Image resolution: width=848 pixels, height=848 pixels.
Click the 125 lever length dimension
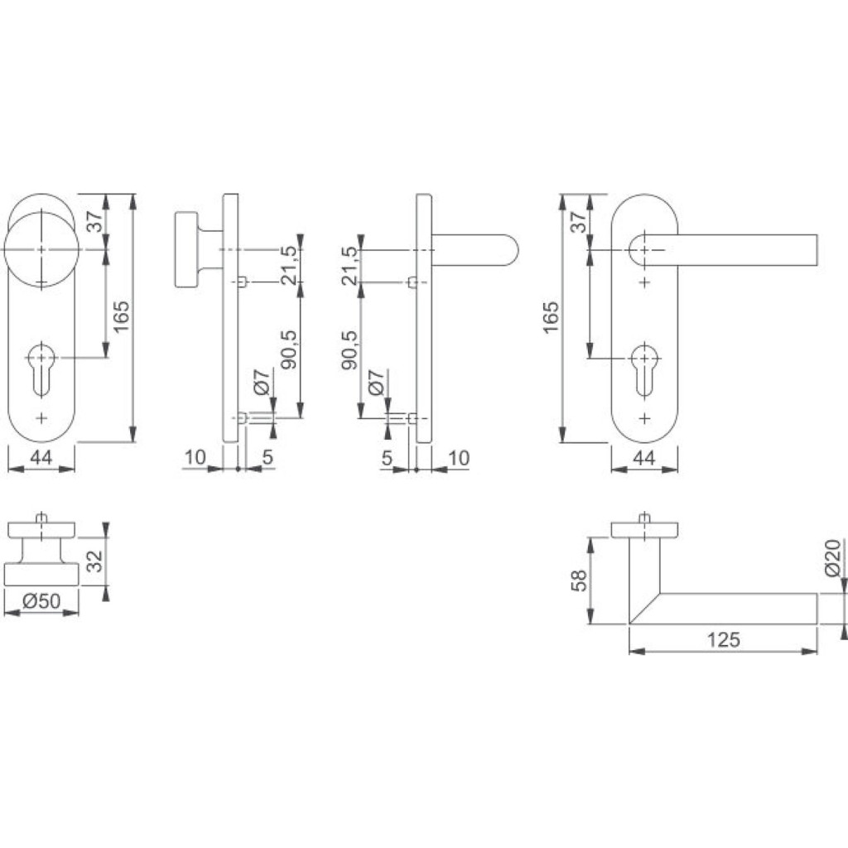[723, 640]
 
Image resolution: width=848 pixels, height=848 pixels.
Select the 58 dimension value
[579, 581]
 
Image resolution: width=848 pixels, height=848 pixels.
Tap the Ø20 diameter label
[833, 557]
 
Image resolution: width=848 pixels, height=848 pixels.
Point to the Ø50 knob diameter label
[41, 601]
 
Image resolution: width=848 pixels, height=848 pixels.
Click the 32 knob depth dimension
[94, 561]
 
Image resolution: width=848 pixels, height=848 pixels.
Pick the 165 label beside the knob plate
[121, 317]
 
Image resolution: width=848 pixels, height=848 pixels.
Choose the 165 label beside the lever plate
[550, 317]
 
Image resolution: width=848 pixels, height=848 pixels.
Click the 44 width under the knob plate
[41, 457]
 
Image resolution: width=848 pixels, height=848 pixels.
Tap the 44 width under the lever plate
[643, 458]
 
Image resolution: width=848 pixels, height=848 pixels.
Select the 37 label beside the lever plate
[578, 221]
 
